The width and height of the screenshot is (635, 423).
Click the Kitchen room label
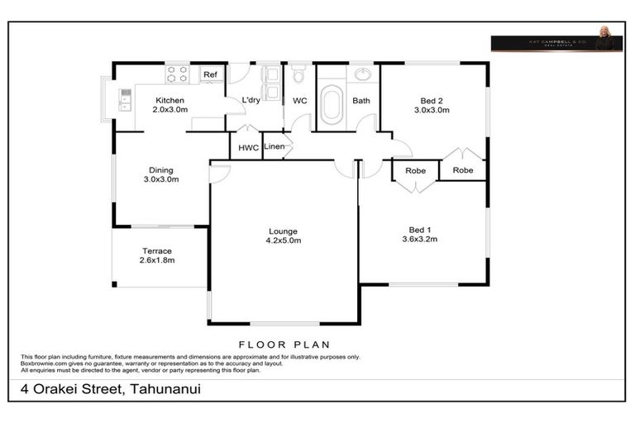pyautogui.click(x=169, y=100)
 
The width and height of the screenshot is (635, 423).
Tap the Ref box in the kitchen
pyautogui.click(x=211, y=75)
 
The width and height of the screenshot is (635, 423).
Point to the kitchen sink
pyautogui.click(x=126, y=99)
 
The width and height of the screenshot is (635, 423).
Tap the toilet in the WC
pyautogui.click(x=299, y=75)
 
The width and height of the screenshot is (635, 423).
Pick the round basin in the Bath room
pyautogui.click(x=363, y=74)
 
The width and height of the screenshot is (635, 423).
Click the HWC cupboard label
pyautogui.click(x=248, y=149)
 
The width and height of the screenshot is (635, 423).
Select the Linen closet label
pyautogui.click(x=275, y=147)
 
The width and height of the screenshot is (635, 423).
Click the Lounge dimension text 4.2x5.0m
pyautogui.click(x=284, y=241)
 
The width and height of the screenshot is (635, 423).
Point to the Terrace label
pyautogui.click(x=157, y=251)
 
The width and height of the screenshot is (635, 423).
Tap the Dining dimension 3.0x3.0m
pyautogui.click(x=161, y=179)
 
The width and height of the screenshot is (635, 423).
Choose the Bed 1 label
pyautogui.click(x=420, y=230)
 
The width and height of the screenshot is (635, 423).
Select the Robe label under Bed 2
pyautogui.click(x=463, y=170)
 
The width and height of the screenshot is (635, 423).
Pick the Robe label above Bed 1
pyautogui.click(x=415, y=171)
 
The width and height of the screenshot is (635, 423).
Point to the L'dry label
pyautogui.click(x=251, y=101)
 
